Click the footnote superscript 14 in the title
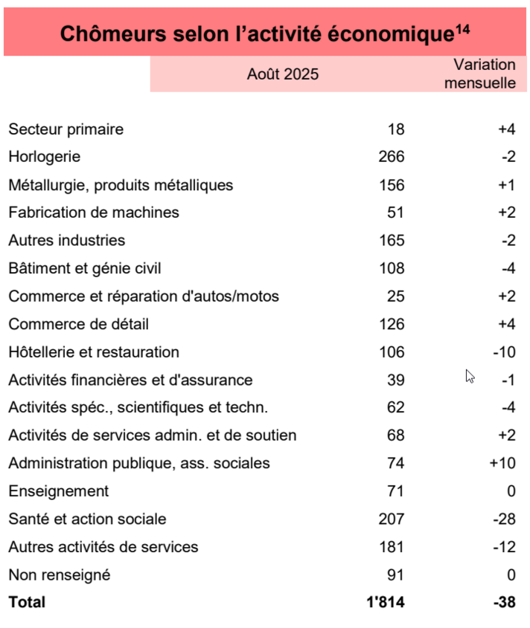463,29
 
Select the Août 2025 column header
283,74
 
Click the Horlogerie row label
44,157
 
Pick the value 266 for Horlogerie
392,157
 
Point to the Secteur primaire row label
66,129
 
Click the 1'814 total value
386,602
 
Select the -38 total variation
504,602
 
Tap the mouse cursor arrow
470,376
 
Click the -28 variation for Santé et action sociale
504,519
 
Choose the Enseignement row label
58,491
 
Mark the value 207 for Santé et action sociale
392,519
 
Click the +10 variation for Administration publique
502,463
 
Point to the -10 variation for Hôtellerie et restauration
504,352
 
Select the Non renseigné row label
59,574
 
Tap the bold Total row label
27,602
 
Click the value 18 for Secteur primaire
396,129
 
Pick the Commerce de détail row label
78,324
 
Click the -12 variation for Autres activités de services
504,547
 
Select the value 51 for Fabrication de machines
396,213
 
